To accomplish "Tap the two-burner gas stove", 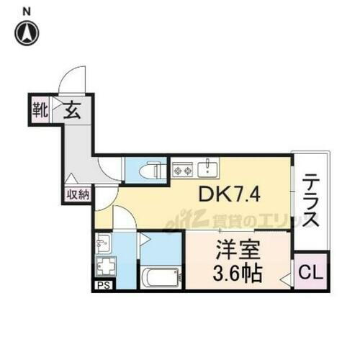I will pyautogui.click(x=181, y=171).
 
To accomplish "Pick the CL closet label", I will pyautogui.click(x=310, y=274).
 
